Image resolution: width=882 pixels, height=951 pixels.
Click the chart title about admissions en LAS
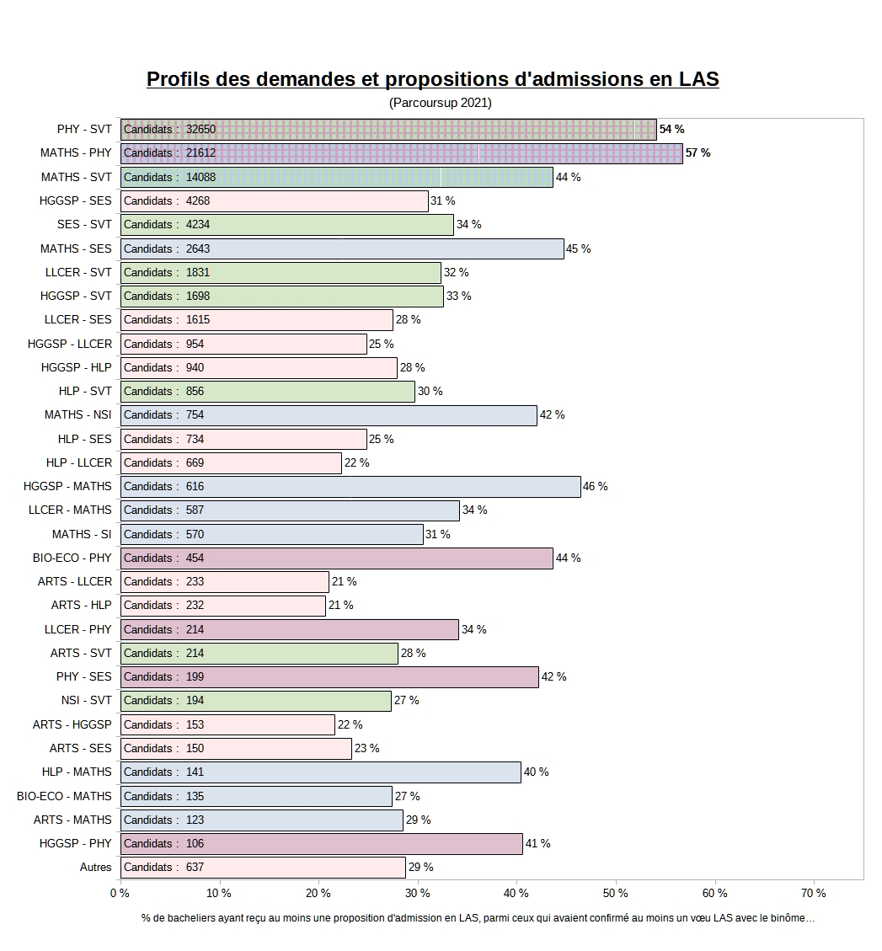[x=432, y=79]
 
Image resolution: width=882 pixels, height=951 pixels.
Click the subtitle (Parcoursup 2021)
[x=440, y=103]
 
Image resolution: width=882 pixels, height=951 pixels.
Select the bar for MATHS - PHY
[x=401, y=153]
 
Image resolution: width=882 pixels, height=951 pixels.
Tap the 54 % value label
[x=671, y=130]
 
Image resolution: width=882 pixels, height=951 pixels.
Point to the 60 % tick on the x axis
[x=714, y=893]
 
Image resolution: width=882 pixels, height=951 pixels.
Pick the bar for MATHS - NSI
[x=329, y=415]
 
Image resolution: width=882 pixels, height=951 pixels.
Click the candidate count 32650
[x=200, y=130]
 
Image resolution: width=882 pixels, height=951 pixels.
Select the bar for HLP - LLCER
[x=231, y=462]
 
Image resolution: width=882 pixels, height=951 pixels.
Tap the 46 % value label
[x=595, y=487]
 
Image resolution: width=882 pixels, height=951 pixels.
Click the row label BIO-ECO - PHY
[x=72, y=558]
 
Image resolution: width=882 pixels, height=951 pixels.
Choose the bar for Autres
[x=263, y=868]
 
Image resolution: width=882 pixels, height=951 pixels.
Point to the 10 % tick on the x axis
[x=219, y=893]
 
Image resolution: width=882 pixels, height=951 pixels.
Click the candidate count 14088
[x=200, y=177]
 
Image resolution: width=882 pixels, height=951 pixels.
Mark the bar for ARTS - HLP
[x=223, y=606]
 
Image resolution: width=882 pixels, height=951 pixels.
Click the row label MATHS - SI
[x=82, y=534]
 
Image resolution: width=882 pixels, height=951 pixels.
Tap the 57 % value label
[x=698, y=153]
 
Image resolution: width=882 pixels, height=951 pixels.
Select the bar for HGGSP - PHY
[x=321, y=843]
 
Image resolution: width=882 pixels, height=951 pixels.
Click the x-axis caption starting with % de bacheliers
[x=478, y=918]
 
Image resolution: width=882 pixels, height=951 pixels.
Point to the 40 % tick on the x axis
[x=516, y=893]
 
